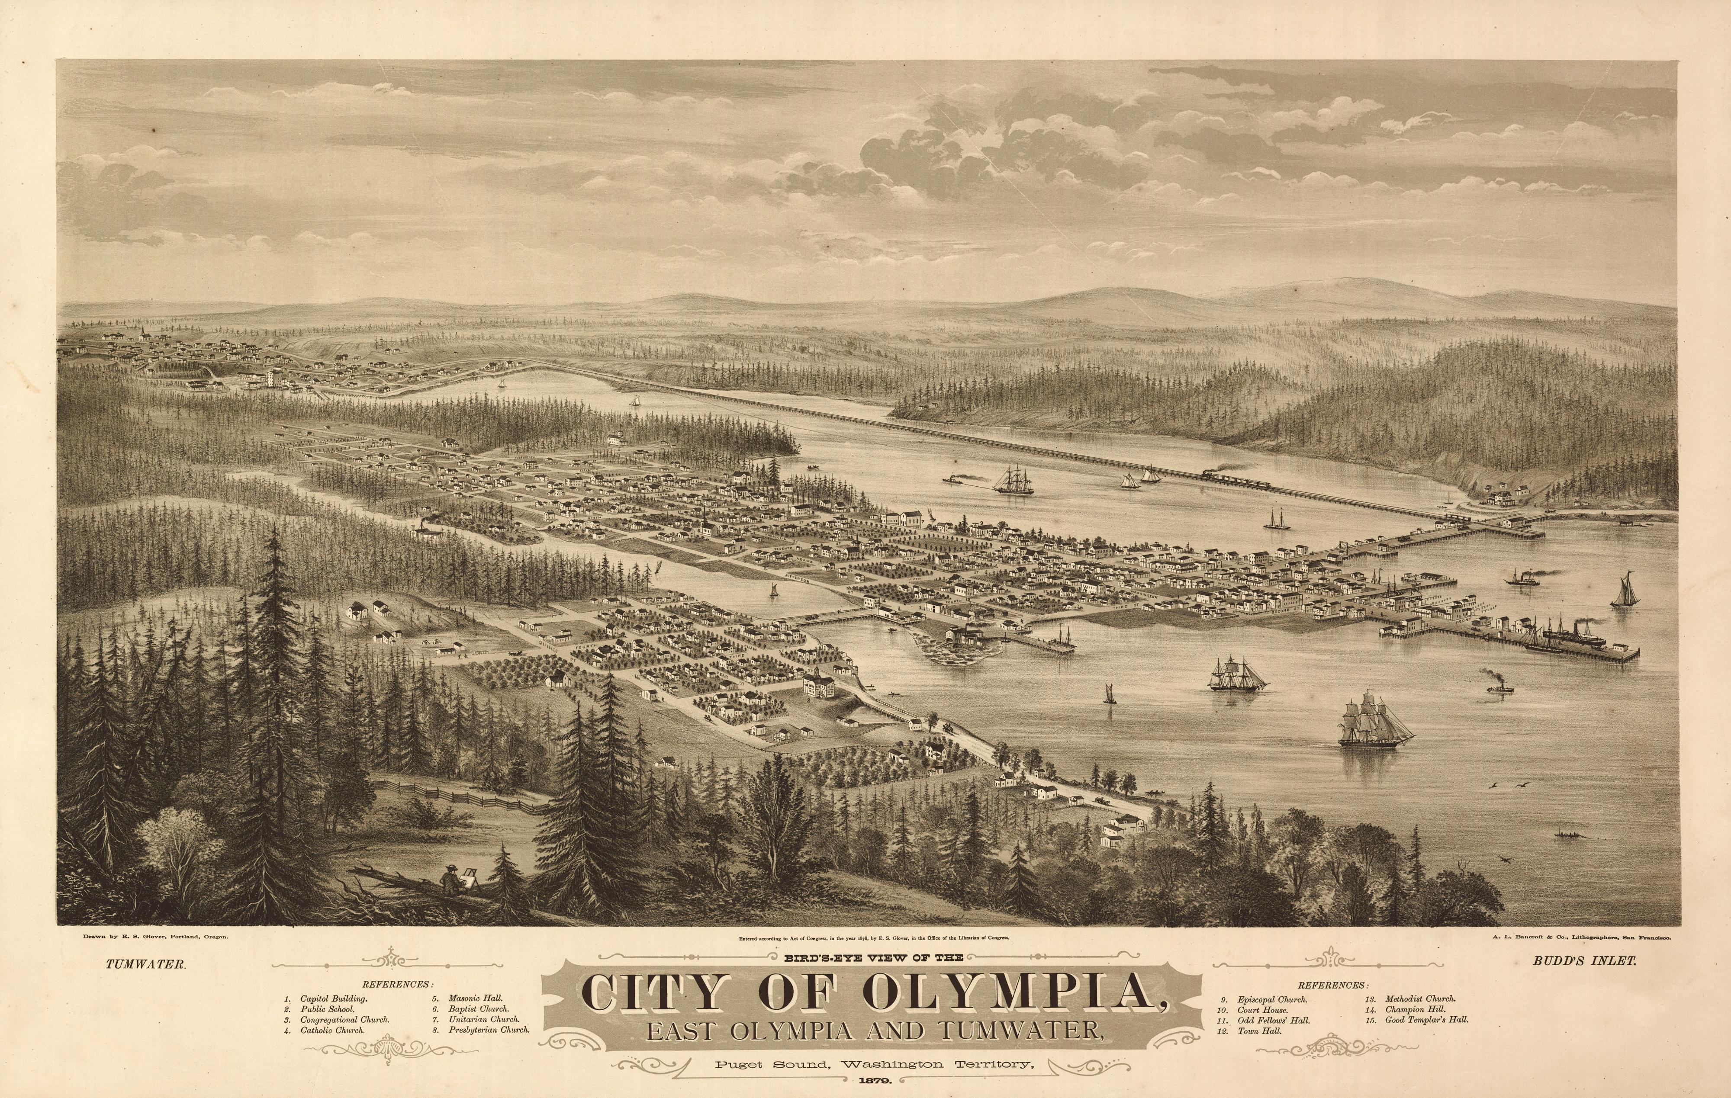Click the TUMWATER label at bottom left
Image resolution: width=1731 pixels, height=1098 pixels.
coord(146,965)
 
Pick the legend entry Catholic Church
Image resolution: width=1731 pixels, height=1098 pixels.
coord(332,1030)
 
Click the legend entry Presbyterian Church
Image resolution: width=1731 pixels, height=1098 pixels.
coord(489,1029)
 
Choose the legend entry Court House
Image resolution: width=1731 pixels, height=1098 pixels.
coord(1261,1010)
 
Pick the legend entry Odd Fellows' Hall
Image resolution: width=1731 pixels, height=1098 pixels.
coord(1272,1021)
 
